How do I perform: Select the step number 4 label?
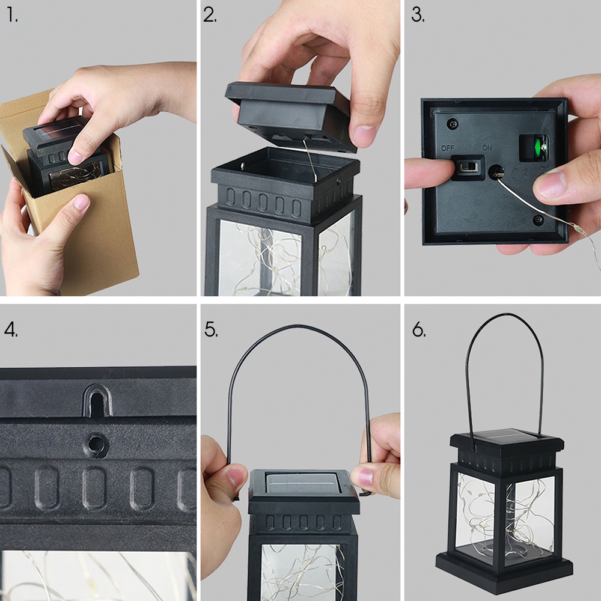pyautogui.click(x=11, y=330)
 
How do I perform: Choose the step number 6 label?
pyautogui.click(x=419, y=330)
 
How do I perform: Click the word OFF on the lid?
pyautogui.click(x=448, y=147)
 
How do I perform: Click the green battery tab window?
pyautogui.click(x=534, y=147)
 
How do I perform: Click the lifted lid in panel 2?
pyautogui.click(x=288, y=114)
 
